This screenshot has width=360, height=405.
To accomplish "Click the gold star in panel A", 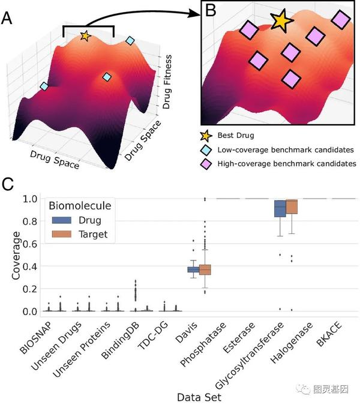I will pyautogui.click(x=85, y=37).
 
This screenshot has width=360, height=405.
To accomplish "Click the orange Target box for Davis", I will pyautogui.click(x=206, y=269).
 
